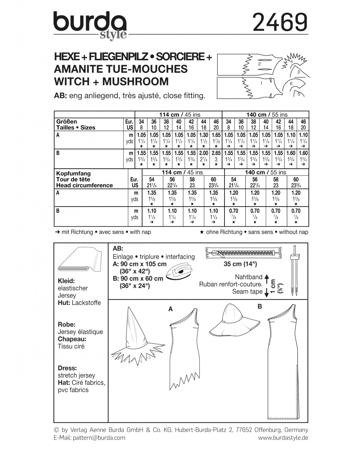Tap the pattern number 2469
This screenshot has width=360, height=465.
[280, 22]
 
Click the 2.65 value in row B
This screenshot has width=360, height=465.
[216, 153]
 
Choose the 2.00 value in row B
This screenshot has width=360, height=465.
[204, 153]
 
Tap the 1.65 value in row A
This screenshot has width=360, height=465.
[216, 135]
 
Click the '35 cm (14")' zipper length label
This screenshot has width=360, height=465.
[240, 264]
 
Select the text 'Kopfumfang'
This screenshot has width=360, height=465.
[73, 173]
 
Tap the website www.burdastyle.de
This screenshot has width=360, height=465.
[283, 438]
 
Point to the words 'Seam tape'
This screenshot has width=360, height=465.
[247, 291]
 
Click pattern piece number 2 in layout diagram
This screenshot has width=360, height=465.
[259, 64]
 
